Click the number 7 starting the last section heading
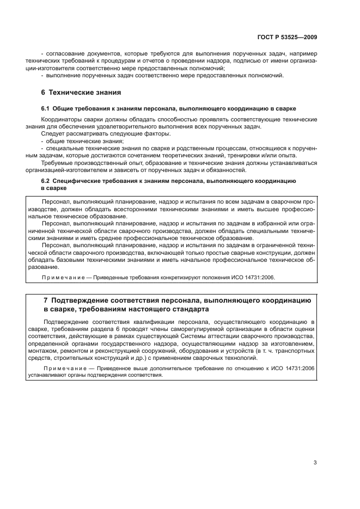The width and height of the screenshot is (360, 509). point(45,300)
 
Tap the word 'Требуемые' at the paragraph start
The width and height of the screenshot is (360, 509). point(56,161)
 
